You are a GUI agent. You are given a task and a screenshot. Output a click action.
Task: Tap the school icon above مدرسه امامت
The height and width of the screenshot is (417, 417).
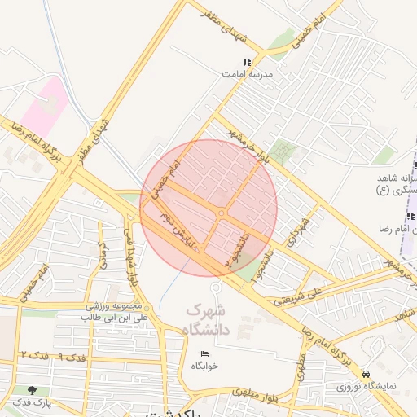tap(248, 62)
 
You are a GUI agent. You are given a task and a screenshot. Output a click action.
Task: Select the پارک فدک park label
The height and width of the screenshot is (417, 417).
tap(31, 403)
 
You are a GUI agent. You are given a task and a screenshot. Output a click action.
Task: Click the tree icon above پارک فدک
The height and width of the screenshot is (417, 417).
tap(31, 391)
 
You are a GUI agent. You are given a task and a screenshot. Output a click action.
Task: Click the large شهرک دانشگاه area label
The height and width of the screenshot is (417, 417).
tap(208, 320)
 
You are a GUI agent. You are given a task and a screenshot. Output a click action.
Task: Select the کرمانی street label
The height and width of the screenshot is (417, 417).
tap(103, 256)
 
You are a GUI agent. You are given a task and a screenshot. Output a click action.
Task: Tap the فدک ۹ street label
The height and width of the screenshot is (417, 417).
tap(72, 358)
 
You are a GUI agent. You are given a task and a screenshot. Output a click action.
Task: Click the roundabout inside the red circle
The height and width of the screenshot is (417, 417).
tap(222, 213)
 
